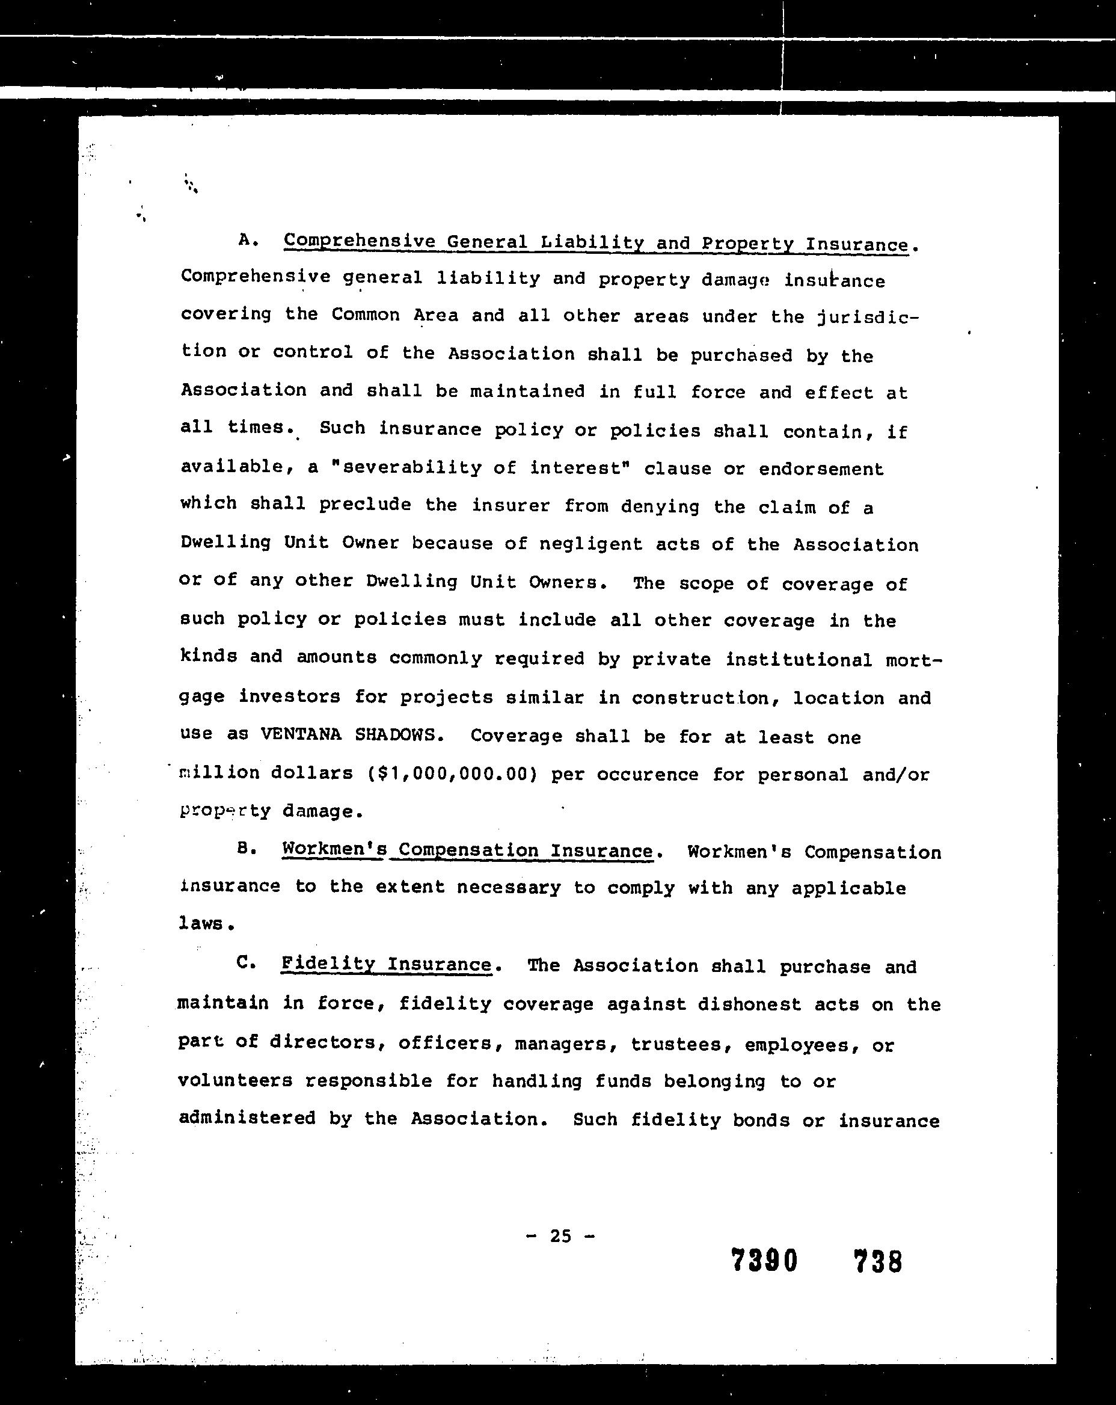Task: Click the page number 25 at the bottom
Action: (x=560, y=1235)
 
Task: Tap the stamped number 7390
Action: (x=764, y=1261)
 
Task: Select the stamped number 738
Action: (x=877, y=1262)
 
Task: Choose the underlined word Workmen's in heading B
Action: (x=335, y=850)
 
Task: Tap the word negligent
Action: (x=591, y=544)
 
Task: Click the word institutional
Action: (x=799, y=659)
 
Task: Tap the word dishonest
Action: (x=749, y=1004)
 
